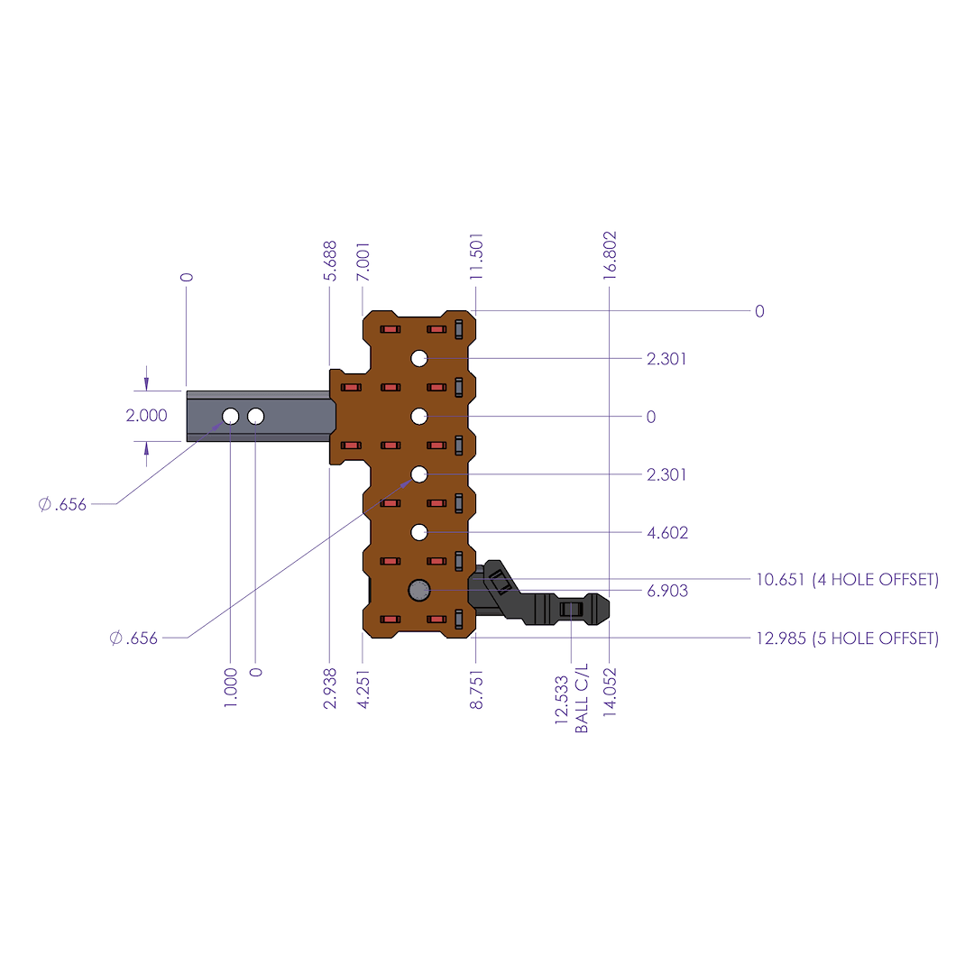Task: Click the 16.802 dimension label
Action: tap(610, 258)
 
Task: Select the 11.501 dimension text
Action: tap(477, 257)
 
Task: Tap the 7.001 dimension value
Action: tap(363, 261)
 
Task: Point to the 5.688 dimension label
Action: tap(330, 261)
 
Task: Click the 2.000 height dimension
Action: tap(146, 416)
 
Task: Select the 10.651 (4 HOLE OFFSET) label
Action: tap(847, 580)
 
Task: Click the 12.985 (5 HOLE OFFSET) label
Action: tap(847, 639)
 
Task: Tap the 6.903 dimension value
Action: tap(667, 591)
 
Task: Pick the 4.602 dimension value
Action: tap(667, 533)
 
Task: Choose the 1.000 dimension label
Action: tap(231, 688)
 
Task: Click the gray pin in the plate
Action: tap(419, 591)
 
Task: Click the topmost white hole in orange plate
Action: tap(419, 358)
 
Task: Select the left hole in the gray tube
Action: tap(231, 416)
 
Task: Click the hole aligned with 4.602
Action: tap(419, 532)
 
